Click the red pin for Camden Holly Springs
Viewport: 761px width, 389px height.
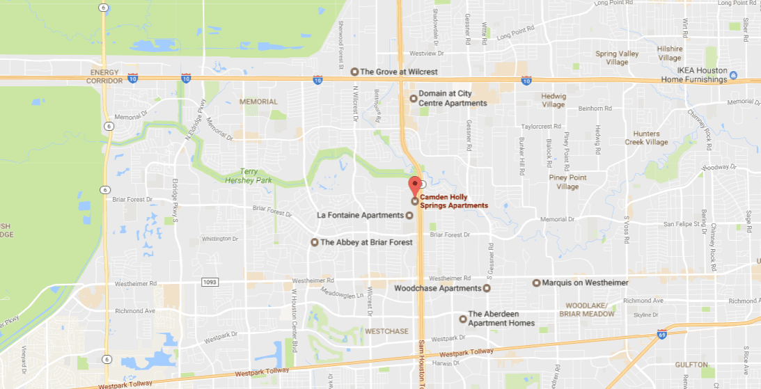tap(414, 186)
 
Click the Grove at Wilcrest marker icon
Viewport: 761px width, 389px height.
tap(354, 71)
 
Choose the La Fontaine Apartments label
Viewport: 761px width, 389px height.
tap(360, 215)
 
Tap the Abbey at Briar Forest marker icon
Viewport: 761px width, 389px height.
tap(314, 242)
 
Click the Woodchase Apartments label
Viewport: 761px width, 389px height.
tap(437, 288)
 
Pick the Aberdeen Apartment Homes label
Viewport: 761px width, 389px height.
tap(501, 319)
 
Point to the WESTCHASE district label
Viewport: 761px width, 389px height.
tap(386, 331)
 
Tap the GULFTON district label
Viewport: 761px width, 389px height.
tap(691, 364)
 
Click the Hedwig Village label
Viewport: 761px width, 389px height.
tap(554, 100)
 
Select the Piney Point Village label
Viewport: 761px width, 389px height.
tap(567, 182)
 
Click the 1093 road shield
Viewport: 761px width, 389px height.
tap(210, 282)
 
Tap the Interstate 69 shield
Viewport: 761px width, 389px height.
tap(661, 335)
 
